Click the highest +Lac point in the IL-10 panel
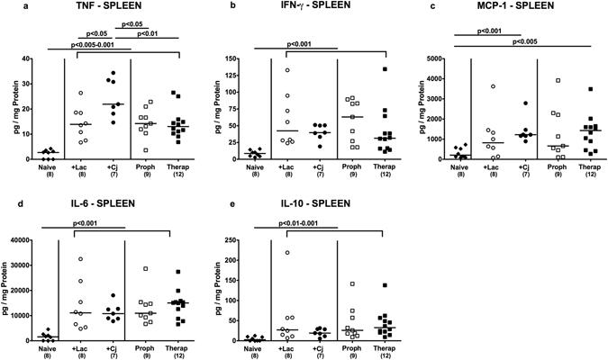pos(288,253)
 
